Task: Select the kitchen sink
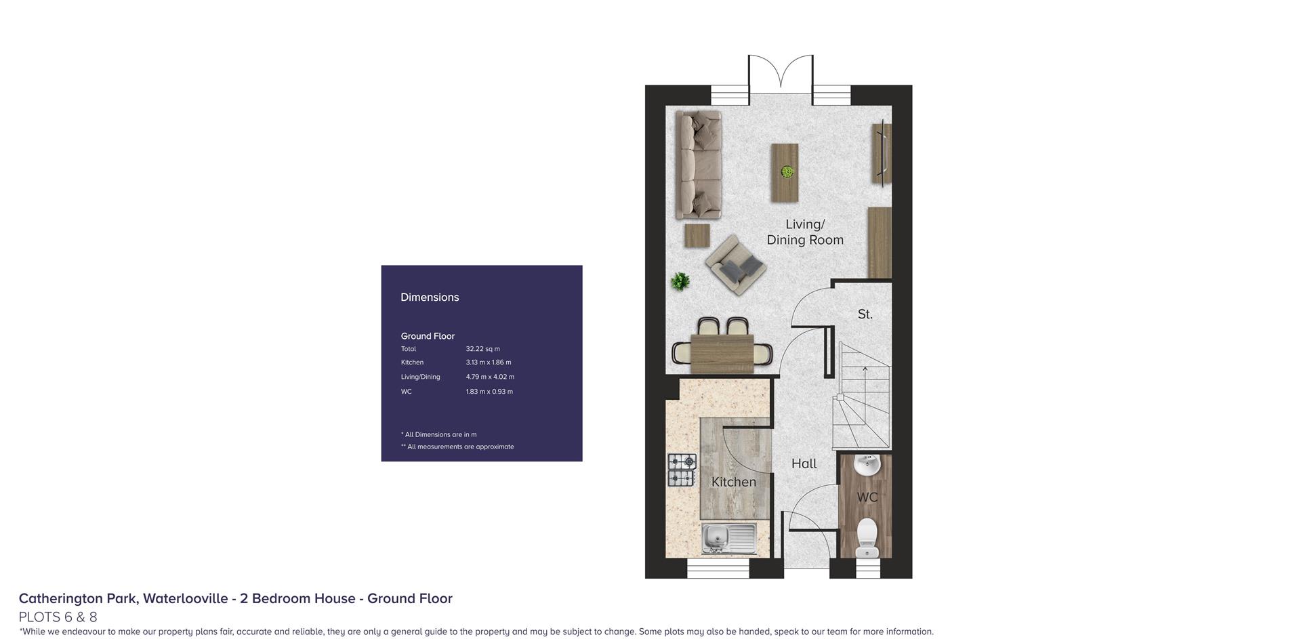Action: (x=729, y=539)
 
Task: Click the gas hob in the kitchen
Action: (x=682, y=470)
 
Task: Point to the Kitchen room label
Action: (x=733, y=482)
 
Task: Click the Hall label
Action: (x=804, y=463)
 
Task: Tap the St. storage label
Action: (x=865, y=314)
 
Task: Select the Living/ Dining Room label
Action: (x=805, y=232)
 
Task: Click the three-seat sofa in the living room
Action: (x=698, y=165)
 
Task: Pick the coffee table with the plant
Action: (x=785, y=172)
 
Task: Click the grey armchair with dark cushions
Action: (x=736, y=264)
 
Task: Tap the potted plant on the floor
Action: (x=680, y=281)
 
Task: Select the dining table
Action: (x=722, y=354)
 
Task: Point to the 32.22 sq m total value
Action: (x=482, y=349)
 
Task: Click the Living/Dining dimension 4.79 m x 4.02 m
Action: (x=490, y=377)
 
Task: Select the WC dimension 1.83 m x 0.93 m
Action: (x=489, y=392)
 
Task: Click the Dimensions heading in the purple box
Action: (x=430, y=297)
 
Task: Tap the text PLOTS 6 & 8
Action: (x=58, y=617)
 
